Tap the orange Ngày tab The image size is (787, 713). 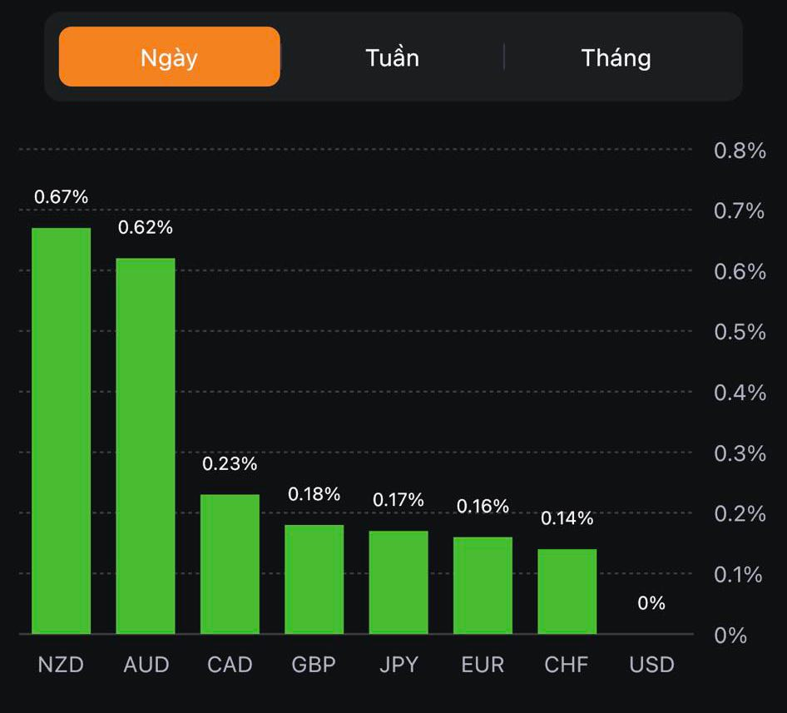coord(169,57)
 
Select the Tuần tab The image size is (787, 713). coord(392,57)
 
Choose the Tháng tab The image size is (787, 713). coord(616,57)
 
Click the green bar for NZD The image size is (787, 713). coord(62,431)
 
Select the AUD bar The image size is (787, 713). coord(146,446)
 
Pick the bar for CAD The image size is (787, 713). coord(230,564)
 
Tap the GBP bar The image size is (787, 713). coord(314,579)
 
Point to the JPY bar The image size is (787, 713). coord(398,582)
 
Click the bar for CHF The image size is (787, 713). coord(567,592)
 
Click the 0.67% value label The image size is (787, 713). coord(61,197)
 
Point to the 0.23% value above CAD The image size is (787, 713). coord(230,463)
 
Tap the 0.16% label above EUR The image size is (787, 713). coord(483,506)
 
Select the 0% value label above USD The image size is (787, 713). coord(651,603)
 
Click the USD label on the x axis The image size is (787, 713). coord(651,666)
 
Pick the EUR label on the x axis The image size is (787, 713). coord(483,666)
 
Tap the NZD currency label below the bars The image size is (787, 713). coord(61,666)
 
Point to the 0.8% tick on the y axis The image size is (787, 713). coord(740,151)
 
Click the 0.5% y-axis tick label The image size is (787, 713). coord(740,332)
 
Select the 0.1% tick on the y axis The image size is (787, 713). coord(740,574)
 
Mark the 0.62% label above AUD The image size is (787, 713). coord(146,227)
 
